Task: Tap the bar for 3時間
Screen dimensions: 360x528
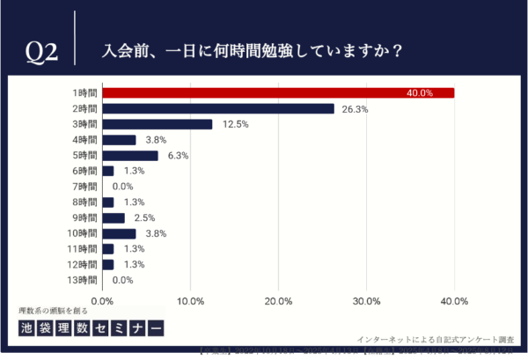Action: point(158,124)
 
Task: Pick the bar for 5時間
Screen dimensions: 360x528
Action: point(130,156)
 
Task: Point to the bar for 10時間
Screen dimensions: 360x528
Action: point(120,233)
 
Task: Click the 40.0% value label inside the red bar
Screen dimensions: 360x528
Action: point(420,93)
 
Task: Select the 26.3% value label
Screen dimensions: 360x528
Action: point(355,109)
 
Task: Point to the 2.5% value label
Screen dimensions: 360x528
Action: point(144,218)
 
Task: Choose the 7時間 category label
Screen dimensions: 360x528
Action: point(85,187)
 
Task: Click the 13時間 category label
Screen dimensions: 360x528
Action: point(83,280)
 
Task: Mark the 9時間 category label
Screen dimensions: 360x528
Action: point(85,218)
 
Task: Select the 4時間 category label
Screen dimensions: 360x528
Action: point(85,140)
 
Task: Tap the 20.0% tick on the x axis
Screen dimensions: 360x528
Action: point(278,301)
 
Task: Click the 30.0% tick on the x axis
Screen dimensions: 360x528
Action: point(366,301)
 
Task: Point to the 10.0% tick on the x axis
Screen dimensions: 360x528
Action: point(191,301)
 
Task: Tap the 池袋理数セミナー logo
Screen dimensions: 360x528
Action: point(91,328)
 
